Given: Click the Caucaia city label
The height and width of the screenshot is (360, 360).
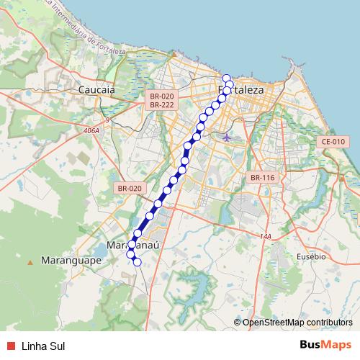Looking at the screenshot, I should pos(96,91).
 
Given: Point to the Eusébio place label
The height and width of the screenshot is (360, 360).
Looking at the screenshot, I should pos(311,256).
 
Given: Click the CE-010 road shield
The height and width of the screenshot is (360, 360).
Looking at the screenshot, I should pos(333,142).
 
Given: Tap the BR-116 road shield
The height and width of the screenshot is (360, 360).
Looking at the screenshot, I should pos(263,177).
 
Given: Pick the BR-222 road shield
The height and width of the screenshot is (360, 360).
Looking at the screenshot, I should pos(163,105).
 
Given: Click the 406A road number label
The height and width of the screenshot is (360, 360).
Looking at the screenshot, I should pos(91,131).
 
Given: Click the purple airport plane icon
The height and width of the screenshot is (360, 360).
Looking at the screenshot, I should pos(228,136).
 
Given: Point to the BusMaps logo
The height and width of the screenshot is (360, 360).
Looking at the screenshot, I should pos(325,345).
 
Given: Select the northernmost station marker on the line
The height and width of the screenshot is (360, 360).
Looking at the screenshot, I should pos(226,78).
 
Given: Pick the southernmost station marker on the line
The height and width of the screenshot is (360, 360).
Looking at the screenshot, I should pos(137,261).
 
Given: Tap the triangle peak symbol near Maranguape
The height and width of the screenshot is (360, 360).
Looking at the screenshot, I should pos(30,262).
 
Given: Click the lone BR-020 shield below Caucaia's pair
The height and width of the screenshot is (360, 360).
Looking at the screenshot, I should pos(130,188).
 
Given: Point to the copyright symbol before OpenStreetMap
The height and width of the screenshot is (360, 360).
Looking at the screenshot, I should pos(238,323).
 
